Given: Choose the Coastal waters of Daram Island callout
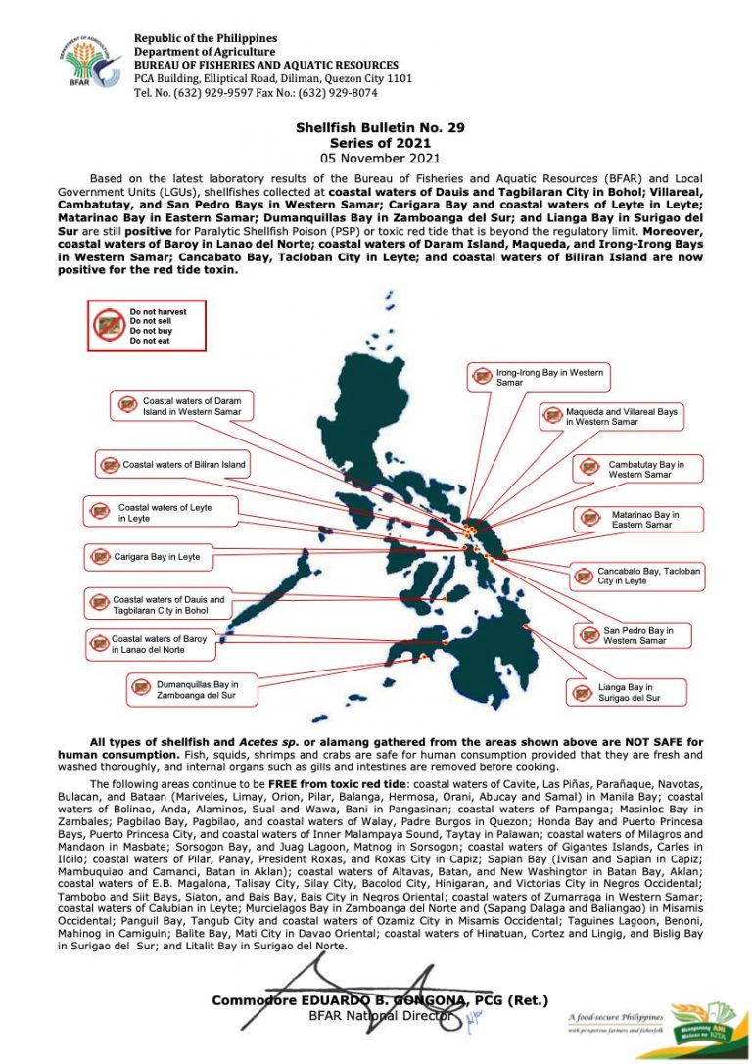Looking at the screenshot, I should coord(183,406).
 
